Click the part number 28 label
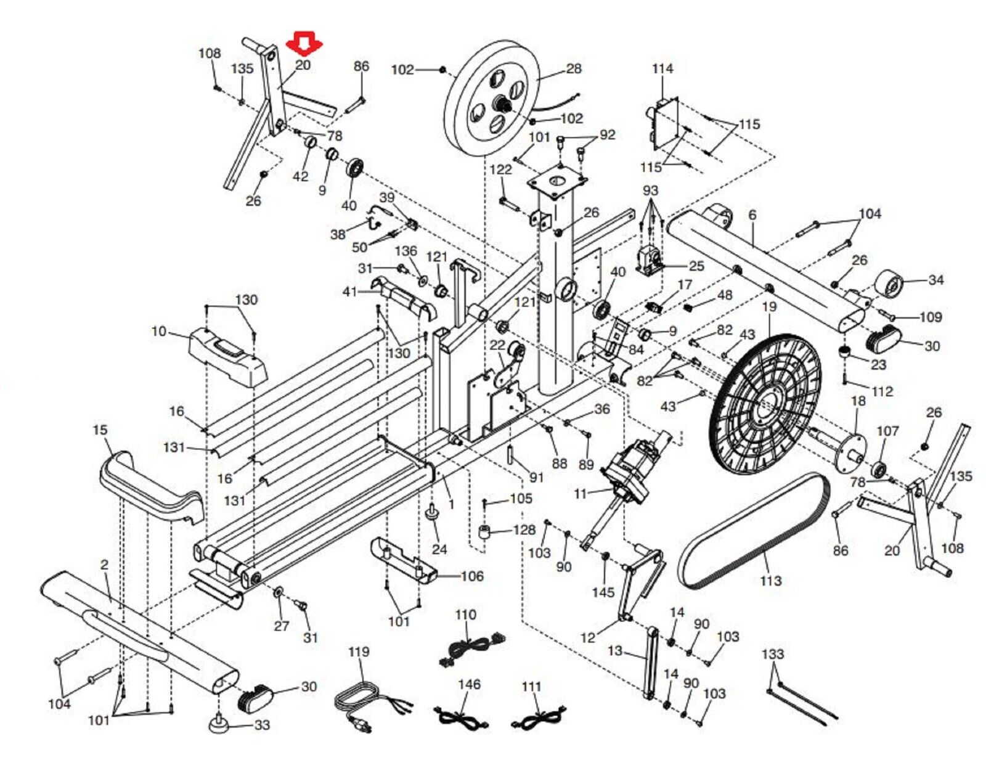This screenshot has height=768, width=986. click(x=573, y=68)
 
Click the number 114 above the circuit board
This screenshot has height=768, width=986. click(x=662, y=69)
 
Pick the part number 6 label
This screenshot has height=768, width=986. click(x=752, y=215)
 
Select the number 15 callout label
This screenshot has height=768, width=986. click(x=100, y=430)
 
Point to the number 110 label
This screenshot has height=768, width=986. click(x=465, y=615)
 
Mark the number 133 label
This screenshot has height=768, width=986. click(x=772, y=654)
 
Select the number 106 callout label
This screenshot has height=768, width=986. click(x=472, y=576)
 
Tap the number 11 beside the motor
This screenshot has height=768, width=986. click(x=580, y=494)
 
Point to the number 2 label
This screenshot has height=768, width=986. click(x=104, y=565)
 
